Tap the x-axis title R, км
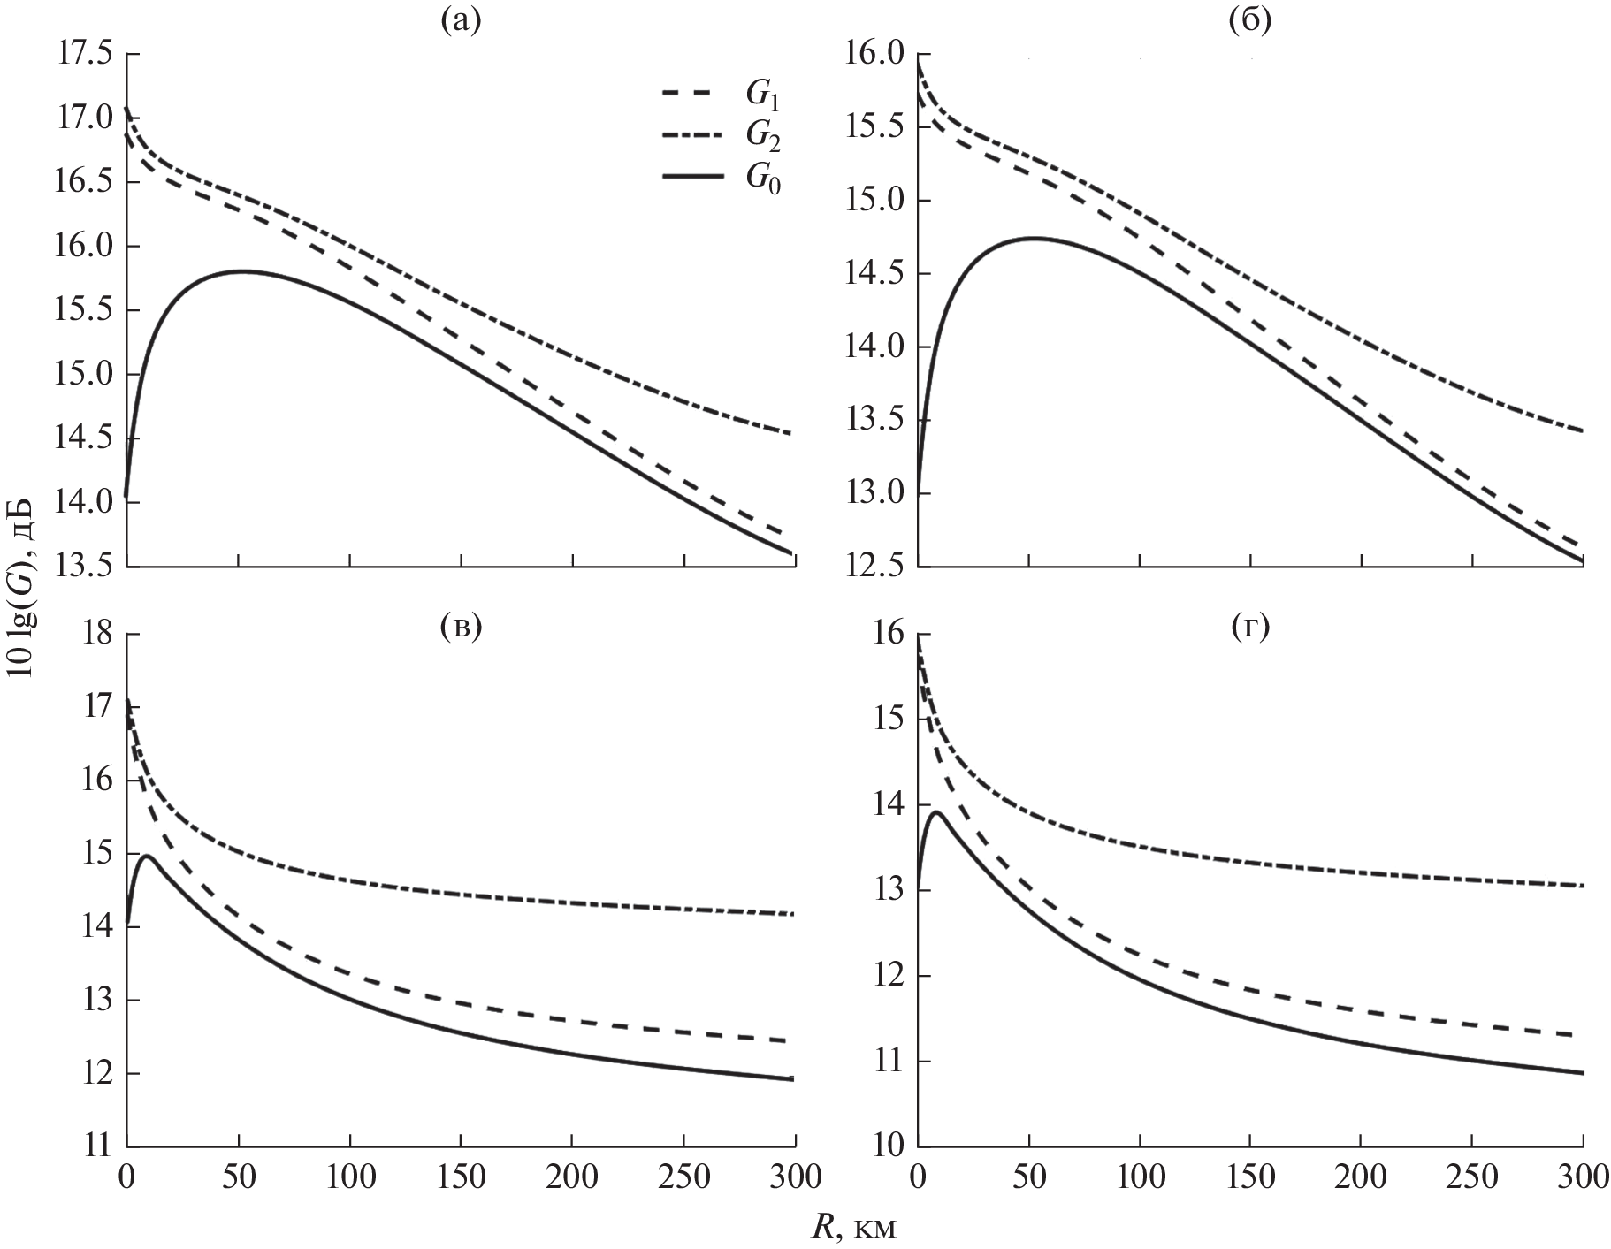(x=854, y=1227)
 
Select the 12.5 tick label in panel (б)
(x=875, y=567)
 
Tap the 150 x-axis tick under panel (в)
(x=462, y=1178)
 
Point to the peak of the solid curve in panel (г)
(x=936, y=811)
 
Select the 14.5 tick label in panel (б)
(x=875, y=274)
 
